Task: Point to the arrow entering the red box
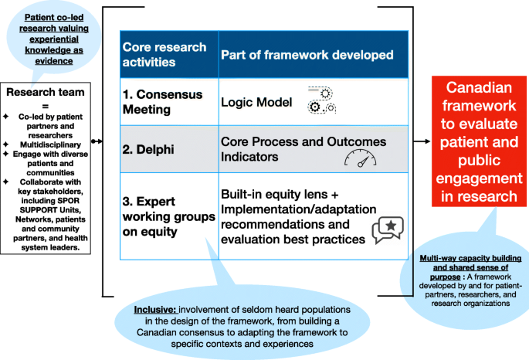tap(422, 141)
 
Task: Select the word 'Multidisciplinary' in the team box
tap(48, 144)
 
